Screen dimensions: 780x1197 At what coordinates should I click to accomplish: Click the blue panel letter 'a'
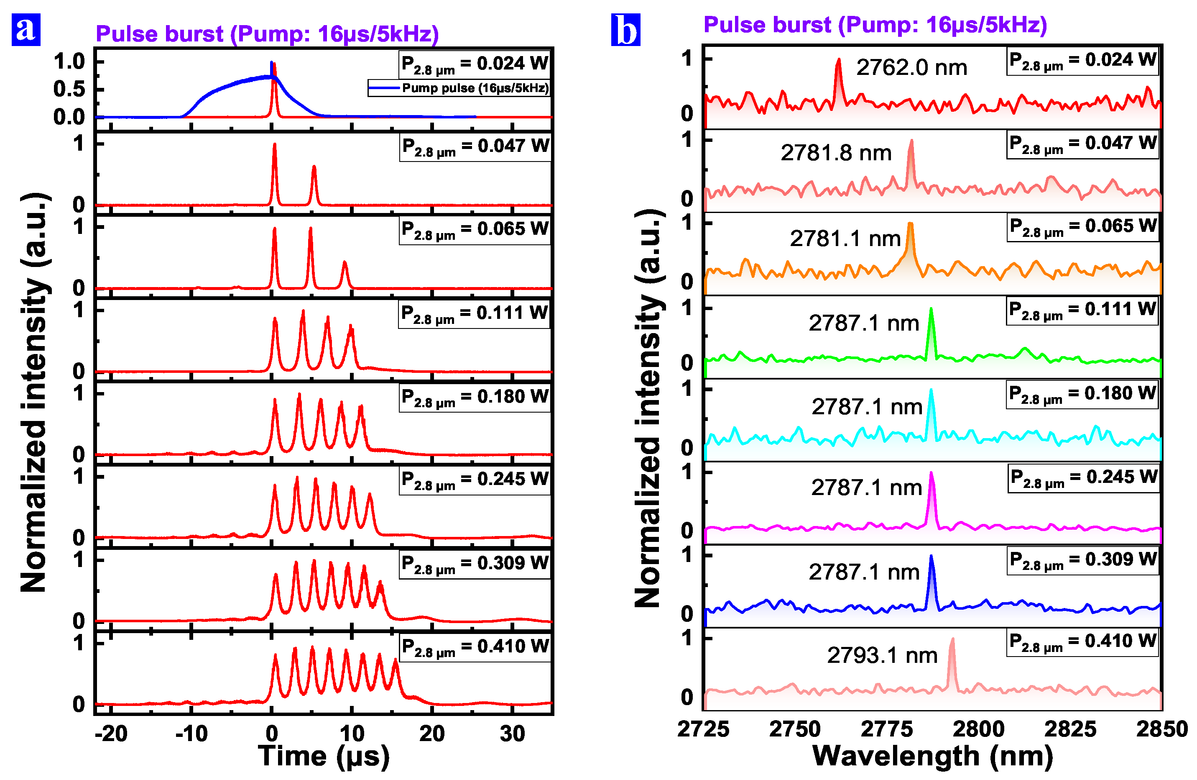click(26, 30)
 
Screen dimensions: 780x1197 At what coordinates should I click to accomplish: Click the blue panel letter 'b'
click(625, 30)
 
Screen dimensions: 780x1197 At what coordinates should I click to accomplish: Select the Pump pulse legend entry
click(458, 88)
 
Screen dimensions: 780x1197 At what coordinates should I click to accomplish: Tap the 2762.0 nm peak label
click(911, 67)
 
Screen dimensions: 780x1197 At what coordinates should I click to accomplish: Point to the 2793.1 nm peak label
click(882, 655)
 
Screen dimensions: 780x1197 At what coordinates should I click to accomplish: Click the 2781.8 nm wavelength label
click(836, 152)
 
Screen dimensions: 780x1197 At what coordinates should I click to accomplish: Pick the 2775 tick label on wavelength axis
click(887, 729)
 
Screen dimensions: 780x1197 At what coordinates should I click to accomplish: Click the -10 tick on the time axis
click(191, 734)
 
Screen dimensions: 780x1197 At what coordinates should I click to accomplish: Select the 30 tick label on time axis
click(512, 734)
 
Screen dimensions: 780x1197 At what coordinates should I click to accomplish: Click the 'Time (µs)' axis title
click(323, 756)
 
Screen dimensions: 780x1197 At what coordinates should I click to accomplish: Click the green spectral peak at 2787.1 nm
click(931, 310)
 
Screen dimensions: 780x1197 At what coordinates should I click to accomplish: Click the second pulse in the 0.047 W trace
click(314, 167)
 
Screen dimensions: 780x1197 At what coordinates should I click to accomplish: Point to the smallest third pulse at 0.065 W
click(345, 263)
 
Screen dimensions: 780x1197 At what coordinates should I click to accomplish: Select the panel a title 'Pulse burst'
click(267, 34)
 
